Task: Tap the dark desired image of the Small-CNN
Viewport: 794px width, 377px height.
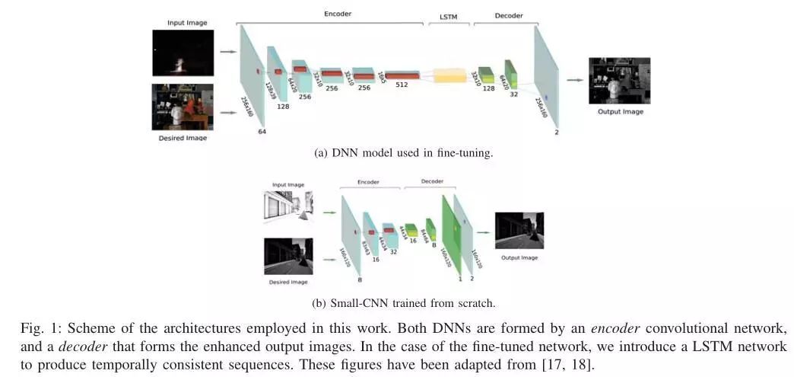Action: click(x=288, y=256)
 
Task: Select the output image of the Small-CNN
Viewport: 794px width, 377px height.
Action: click(x=519, y=231)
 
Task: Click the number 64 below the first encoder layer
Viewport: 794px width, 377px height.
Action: click(x=262, y=132)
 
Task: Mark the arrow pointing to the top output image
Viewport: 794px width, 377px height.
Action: click(x=575, y=80)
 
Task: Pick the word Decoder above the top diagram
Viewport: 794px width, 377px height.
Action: click(x=509, y=16)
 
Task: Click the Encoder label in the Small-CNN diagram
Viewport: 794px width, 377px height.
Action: click(x=370, y=183)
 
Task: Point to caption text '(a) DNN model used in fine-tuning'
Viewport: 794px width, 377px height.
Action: click(x=404, y=153)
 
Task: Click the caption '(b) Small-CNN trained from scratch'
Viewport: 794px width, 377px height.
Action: click(x=404, y=302)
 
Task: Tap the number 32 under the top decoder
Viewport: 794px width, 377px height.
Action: click(x=514, y=94)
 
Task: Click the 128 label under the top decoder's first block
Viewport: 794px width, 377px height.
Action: click(x=489, y=88)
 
